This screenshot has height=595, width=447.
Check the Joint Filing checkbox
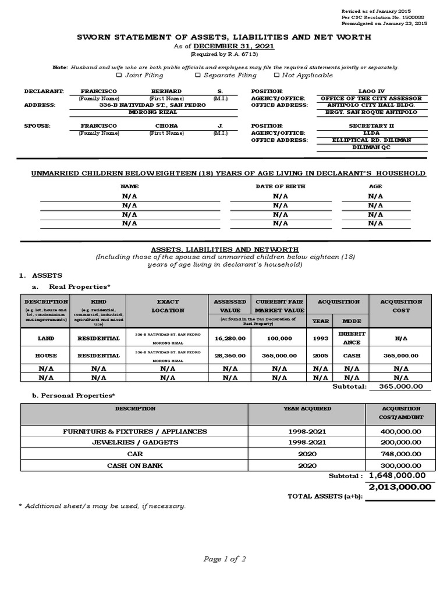pos(119,75)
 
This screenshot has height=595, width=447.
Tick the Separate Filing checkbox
pos(198,75)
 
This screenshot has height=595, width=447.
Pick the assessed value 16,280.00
pos(229,338)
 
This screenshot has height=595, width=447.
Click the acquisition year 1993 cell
pos(321,338)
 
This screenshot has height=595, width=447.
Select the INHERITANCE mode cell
pos(352,338)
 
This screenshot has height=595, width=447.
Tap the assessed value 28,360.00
pos(229,355)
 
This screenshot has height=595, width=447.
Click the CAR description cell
pos(134,453)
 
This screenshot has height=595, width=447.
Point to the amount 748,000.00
pos(401,453)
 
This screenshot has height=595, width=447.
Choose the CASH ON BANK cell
pos(134,465)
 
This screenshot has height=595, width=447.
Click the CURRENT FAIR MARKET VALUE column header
pos(279,306)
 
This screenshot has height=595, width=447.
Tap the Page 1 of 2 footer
pos(224,559)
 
